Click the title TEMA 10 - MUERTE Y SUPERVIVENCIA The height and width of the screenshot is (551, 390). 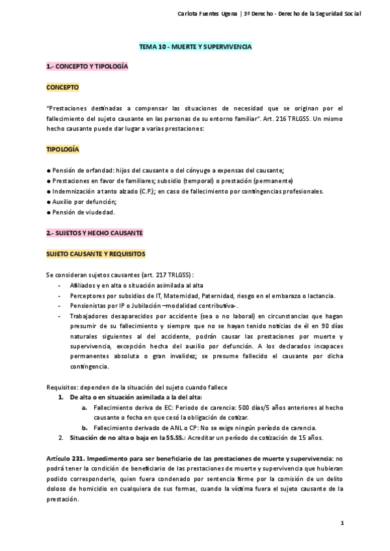(195, 47)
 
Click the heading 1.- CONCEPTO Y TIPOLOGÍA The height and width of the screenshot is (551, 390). (87, 67)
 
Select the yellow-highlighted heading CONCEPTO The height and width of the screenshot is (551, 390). (62, 86)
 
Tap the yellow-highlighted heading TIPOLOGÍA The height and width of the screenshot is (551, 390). (62, 149)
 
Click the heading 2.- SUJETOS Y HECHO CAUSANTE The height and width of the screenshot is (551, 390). (94, 233)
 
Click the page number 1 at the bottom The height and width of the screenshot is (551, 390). (341, 522)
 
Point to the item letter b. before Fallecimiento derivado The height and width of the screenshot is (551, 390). (84, 428)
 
